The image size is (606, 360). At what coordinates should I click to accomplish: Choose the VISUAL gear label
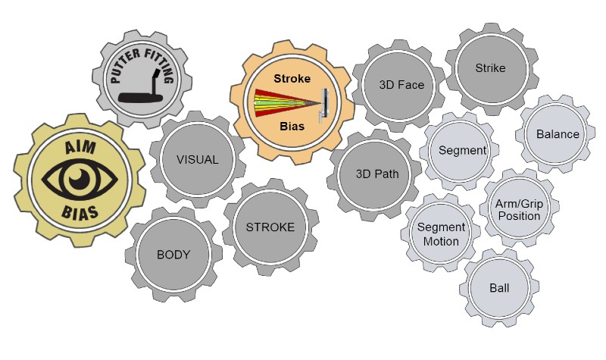pos(197,159)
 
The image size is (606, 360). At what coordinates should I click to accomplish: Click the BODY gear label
pos(173,254)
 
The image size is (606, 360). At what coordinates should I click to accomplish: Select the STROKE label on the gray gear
pos(270,227)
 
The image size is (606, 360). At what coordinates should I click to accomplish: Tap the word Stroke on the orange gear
pos(292,77)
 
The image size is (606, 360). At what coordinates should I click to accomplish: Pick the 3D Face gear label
pos(401,84)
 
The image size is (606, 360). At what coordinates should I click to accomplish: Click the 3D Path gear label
pos(376,174)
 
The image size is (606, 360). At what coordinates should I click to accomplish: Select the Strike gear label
pos(490,68)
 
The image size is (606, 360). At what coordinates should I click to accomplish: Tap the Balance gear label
pos(558,134)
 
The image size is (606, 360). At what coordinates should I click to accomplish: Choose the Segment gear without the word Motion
pos(462,150)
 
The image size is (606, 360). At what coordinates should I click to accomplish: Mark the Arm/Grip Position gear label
pos(519,210)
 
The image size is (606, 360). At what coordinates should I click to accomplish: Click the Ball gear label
pos(499,289)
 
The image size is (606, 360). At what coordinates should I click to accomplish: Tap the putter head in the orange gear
pos(323,104)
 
